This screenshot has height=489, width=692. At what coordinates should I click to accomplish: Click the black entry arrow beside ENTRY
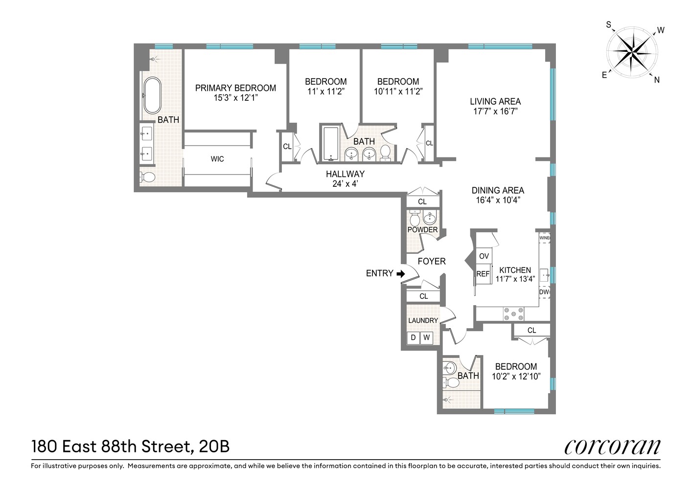[x=400, y=274]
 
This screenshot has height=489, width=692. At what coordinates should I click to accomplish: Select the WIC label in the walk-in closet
[x=217, y=159]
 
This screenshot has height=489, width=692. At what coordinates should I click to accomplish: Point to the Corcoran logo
[x=612, y=446]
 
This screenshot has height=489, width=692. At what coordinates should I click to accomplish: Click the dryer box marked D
[x=414, y=338]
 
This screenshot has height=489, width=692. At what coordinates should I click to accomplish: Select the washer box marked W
[x=427, y=338]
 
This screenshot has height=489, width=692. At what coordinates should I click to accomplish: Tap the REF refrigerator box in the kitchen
[x=483, y=274]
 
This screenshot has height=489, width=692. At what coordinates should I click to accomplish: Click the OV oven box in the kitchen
[x=484, y=256]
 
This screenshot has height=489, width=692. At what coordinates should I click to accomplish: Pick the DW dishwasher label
[x=545, y=292]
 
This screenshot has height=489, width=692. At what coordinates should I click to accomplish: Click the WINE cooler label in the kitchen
[x=545, y=239]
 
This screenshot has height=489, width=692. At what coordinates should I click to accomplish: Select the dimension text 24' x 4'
[x=346, y=184]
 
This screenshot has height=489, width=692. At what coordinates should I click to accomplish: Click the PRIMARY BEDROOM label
[x=235, y=88]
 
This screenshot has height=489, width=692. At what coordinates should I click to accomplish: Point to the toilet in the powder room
[x=415, y=218]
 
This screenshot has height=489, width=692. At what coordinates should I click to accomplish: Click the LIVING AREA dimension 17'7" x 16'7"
[x=495, y=111]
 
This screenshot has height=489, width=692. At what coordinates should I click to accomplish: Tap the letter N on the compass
[x=657, y=80]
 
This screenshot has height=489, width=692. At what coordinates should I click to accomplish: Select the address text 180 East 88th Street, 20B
[x=130, y=446]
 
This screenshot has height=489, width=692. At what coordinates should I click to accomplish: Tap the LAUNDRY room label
[x=423, y=321]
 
